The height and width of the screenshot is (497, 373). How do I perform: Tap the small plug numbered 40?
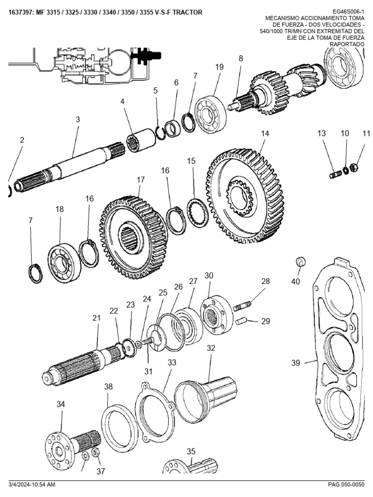click(300, 263)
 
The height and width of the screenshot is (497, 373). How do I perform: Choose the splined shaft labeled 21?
click(78, 366)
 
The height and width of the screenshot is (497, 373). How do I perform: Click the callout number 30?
click(209, 276)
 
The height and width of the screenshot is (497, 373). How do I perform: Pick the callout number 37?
click(101, 471)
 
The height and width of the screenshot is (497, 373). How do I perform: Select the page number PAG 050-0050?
click(345, 484)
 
